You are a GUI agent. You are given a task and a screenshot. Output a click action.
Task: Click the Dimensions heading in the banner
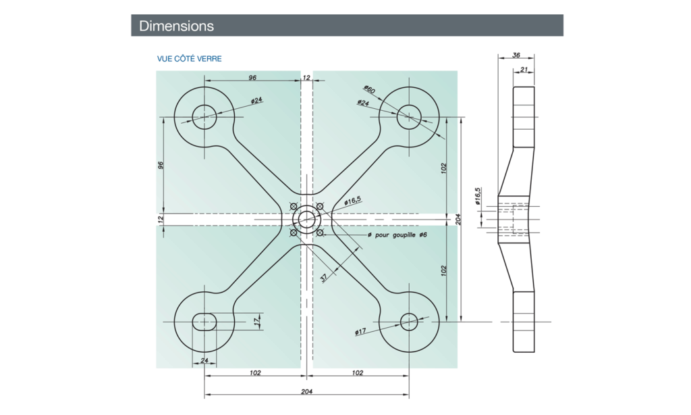176,26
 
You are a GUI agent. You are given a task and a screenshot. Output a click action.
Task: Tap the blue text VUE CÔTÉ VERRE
189,59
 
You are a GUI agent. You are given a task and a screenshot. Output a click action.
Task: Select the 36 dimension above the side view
516,54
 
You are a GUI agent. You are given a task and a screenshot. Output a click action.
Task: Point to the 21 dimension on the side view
524,69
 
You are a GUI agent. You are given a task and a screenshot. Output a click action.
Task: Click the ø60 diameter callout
369,89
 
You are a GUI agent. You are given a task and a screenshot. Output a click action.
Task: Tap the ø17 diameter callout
360,331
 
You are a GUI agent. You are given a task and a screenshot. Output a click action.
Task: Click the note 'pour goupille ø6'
397,235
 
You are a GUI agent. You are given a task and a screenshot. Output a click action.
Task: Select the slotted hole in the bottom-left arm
204,322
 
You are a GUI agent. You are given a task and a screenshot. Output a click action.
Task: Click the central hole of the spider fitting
307,219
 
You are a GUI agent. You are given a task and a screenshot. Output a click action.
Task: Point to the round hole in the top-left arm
204,116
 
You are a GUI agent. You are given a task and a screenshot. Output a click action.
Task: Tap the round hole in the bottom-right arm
410,322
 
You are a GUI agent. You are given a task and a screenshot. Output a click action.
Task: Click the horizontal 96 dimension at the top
252,78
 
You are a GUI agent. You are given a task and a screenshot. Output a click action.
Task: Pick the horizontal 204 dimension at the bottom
307,391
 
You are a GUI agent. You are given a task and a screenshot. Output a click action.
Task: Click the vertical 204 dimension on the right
458,219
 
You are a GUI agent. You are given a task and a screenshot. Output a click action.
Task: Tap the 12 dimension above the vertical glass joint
307,78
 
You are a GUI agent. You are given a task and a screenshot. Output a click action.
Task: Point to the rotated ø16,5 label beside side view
478,196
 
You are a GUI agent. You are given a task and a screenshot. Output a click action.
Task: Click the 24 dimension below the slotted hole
204,360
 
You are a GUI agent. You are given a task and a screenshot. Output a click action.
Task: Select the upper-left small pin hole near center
294,206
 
